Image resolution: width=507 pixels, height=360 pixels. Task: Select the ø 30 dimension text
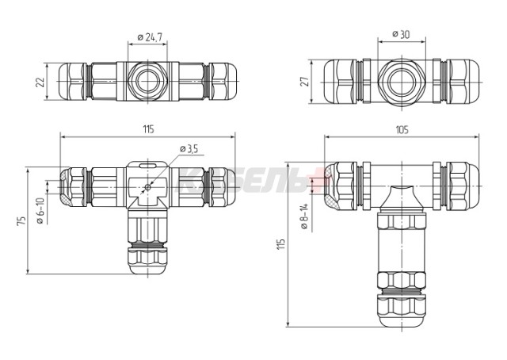point(403,35)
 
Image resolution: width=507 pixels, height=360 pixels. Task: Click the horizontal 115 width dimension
point(147,129)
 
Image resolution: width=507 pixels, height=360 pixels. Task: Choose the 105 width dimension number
point(402,130)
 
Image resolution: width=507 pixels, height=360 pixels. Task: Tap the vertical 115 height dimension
point(280,245)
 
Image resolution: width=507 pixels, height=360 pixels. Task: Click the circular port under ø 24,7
point(147,81)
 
